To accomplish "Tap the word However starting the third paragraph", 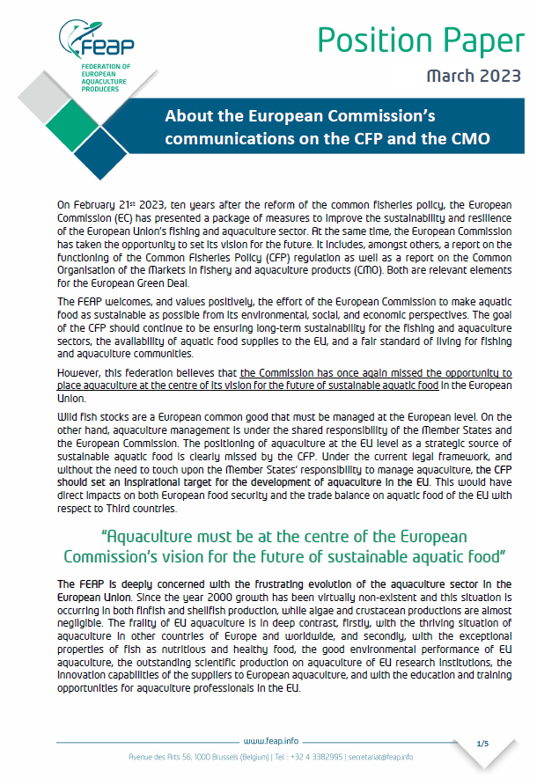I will [x=78, y=372].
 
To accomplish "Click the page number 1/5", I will [x=482, y=744].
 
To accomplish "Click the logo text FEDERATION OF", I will [x=105, y=67].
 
